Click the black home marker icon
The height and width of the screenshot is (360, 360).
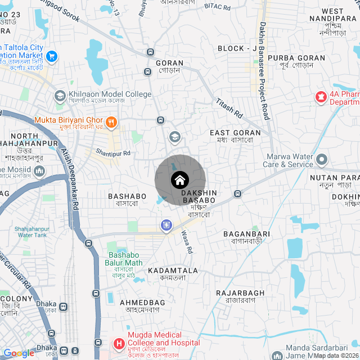pos(179,180)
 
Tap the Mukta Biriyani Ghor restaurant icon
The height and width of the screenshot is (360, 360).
pos(111,120)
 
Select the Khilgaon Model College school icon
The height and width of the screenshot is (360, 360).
pos(60,96)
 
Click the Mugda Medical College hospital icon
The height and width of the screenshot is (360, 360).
pos(119,343)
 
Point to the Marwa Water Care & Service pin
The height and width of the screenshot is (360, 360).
pos(322,159)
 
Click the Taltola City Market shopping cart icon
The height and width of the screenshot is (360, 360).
pos(52,56)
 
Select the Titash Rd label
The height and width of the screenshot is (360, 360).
pos(229,107)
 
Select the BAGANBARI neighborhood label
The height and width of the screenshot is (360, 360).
pos(246,233)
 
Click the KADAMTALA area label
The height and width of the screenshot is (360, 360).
pos(173,271)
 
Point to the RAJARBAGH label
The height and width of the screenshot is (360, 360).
pos(240,293)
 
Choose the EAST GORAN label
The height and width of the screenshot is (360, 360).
pos(235,133)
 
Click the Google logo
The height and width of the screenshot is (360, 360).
pos(19,353)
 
